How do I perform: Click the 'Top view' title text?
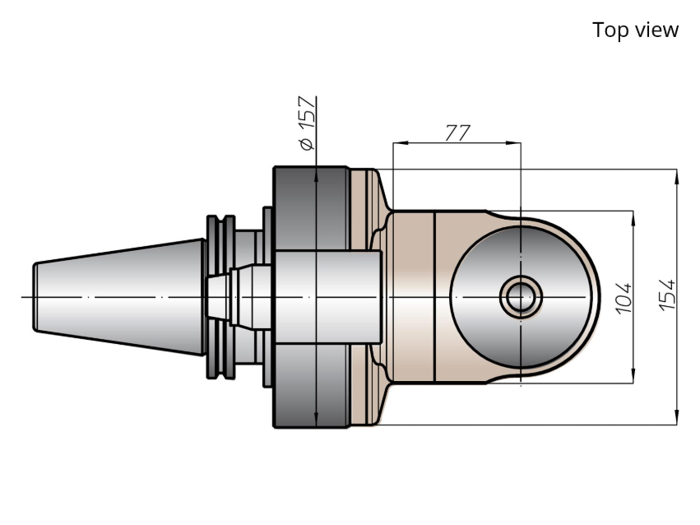point(635,30)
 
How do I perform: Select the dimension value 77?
point(457,132)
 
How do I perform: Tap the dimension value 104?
point(624,298)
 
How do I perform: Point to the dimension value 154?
point(667,295)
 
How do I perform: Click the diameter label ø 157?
point(308,123)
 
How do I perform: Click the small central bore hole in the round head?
point(521,297)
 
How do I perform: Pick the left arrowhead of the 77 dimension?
point(400,143)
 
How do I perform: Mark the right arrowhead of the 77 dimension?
point(513,143)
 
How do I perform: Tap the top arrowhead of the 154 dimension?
point(677,177)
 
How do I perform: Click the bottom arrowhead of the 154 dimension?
point(677,417)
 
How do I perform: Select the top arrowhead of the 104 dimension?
point(633,218)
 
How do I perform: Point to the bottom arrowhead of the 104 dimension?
point(633,375)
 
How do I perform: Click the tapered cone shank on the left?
point(119,297)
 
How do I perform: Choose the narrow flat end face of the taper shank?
point(35,297)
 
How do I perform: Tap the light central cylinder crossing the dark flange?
point(328,297)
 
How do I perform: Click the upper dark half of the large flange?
point(311,208)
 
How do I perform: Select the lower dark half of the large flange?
point(311,386)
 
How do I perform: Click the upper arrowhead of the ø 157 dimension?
point(316,175)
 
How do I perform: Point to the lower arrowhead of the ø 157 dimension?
point(316,419)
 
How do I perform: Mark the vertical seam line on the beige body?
point(435,297)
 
